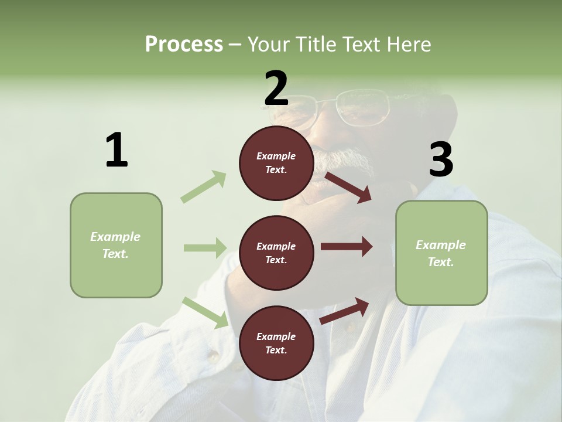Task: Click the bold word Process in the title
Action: pos(184,44)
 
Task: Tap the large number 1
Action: pos(116,151)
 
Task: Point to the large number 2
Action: pos(276,88)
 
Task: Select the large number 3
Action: pos(441,159)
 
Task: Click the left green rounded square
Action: pos(116,245)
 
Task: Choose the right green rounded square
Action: pos(441,253)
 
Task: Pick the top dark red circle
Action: pos(276,163)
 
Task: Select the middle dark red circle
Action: pos(276,253)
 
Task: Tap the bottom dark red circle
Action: pos(276,343)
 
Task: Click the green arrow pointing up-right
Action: pos(204,187)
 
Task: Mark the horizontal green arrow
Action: pos(205,248)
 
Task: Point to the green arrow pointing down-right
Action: pos(205,312)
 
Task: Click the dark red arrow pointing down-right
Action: pos(348,187)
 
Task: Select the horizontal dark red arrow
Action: pos(346,247)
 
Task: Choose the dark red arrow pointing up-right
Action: pos(345,311)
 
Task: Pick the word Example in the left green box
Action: pos(115,237)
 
